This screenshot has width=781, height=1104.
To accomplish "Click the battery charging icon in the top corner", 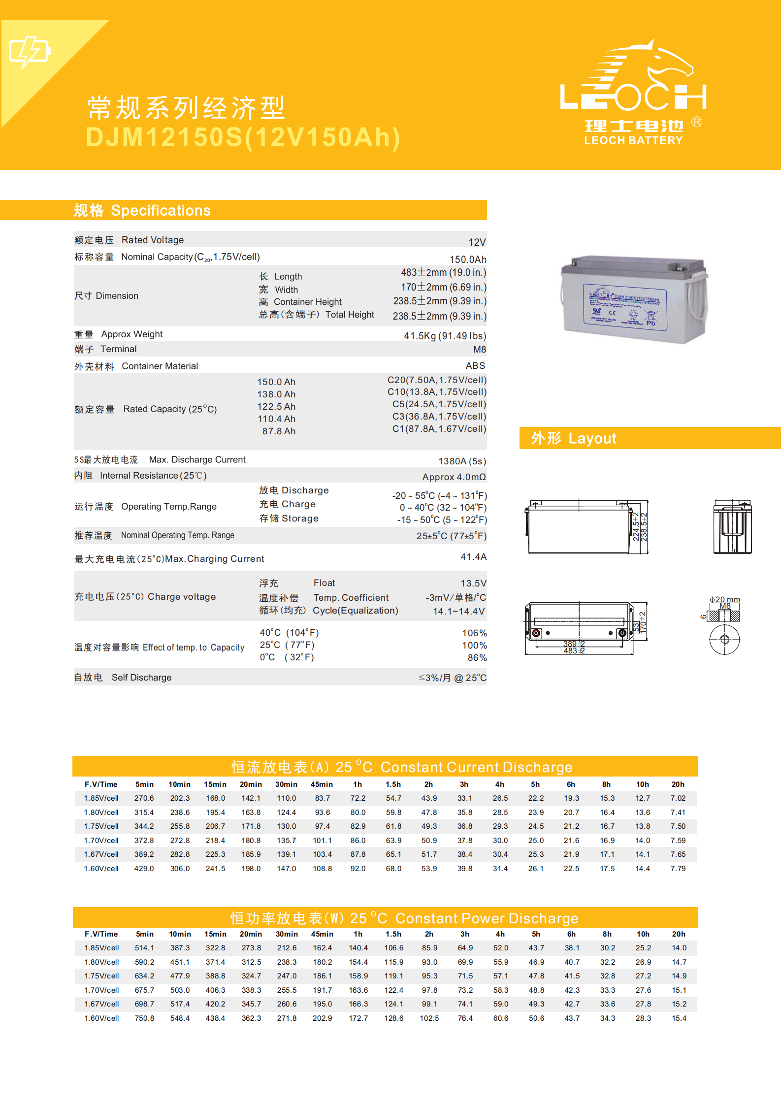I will tap(30, 52).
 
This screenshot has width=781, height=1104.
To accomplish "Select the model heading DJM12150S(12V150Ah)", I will tap(243, 137).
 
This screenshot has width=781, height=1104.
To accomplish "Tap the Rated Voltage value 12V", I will tap(477, 242).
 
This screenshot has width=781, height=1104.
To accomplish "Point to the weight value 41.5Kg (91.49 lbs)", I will tap(445, 336).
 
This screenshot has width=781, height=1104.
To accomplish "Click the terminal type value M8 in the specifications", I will tap(479, 350).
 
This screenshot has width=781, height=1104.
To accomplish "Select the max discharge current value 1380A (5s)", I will tap(462, 461).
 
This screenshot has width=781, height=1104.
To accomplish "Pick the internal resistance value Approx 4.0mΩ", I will tap(454, 477).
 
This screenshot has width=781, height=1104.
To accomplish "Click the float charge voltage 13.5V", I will tap(473, 584).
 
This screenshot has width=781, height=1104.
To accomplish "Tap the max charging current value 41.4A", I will tap(473, 557).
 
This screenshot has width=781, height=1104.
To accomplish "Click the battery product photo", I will tap(634, 299).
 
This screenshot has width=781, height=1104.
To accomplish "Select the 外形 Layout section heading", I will tap(573, 438).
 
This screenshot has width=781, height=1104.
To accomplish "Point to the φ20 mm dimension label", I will tap(724, 600).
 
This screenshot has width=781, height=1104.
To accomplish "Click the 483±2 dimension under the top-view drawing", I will tap(574, 651).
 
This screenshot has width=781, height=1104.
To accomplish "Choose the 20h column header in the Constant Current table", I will tap(678, 784).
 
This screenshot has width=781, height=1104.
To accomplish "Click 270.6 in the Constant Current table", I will tap(144, 798).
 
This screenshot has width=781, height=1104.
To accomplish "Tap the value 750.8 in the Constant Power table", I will tap(144, 1018).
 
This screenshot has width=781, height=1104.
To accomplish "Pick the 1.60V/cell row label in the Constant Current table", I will tap(101, 869).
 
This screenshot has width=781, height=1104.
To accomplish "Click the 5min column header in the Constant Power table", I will tap(145, 934).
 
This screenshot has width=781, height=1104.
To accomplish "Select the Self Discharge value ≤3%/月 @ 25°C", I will tap(452, 678).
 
